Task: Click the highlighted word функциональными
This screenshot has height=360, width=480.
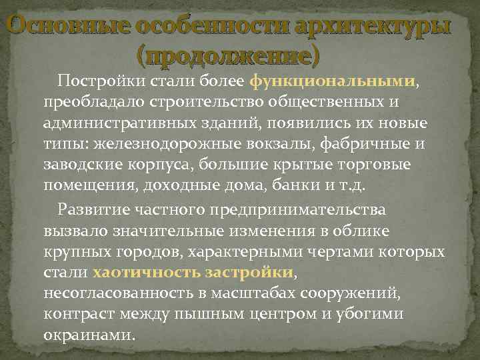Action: (333, 81)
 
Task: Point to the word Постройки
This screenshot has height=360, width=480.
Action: (93, 81)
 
